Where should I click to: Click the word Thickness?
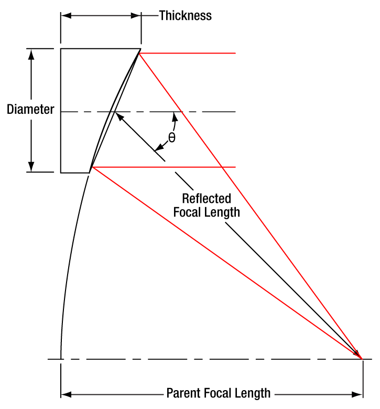185,15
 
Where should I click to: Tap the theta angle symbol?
171,138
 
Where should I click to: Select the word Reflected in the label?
207,199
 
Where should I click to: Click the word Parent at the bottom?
183,393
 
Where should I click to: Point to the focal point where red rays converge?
362,359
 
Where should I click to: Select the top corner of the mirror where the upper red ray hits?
140,50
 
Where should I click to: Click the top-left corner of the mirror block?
61,49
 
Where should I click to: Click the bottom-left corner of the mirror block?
61,172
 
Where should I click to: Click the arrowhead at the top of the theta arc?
175,116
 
